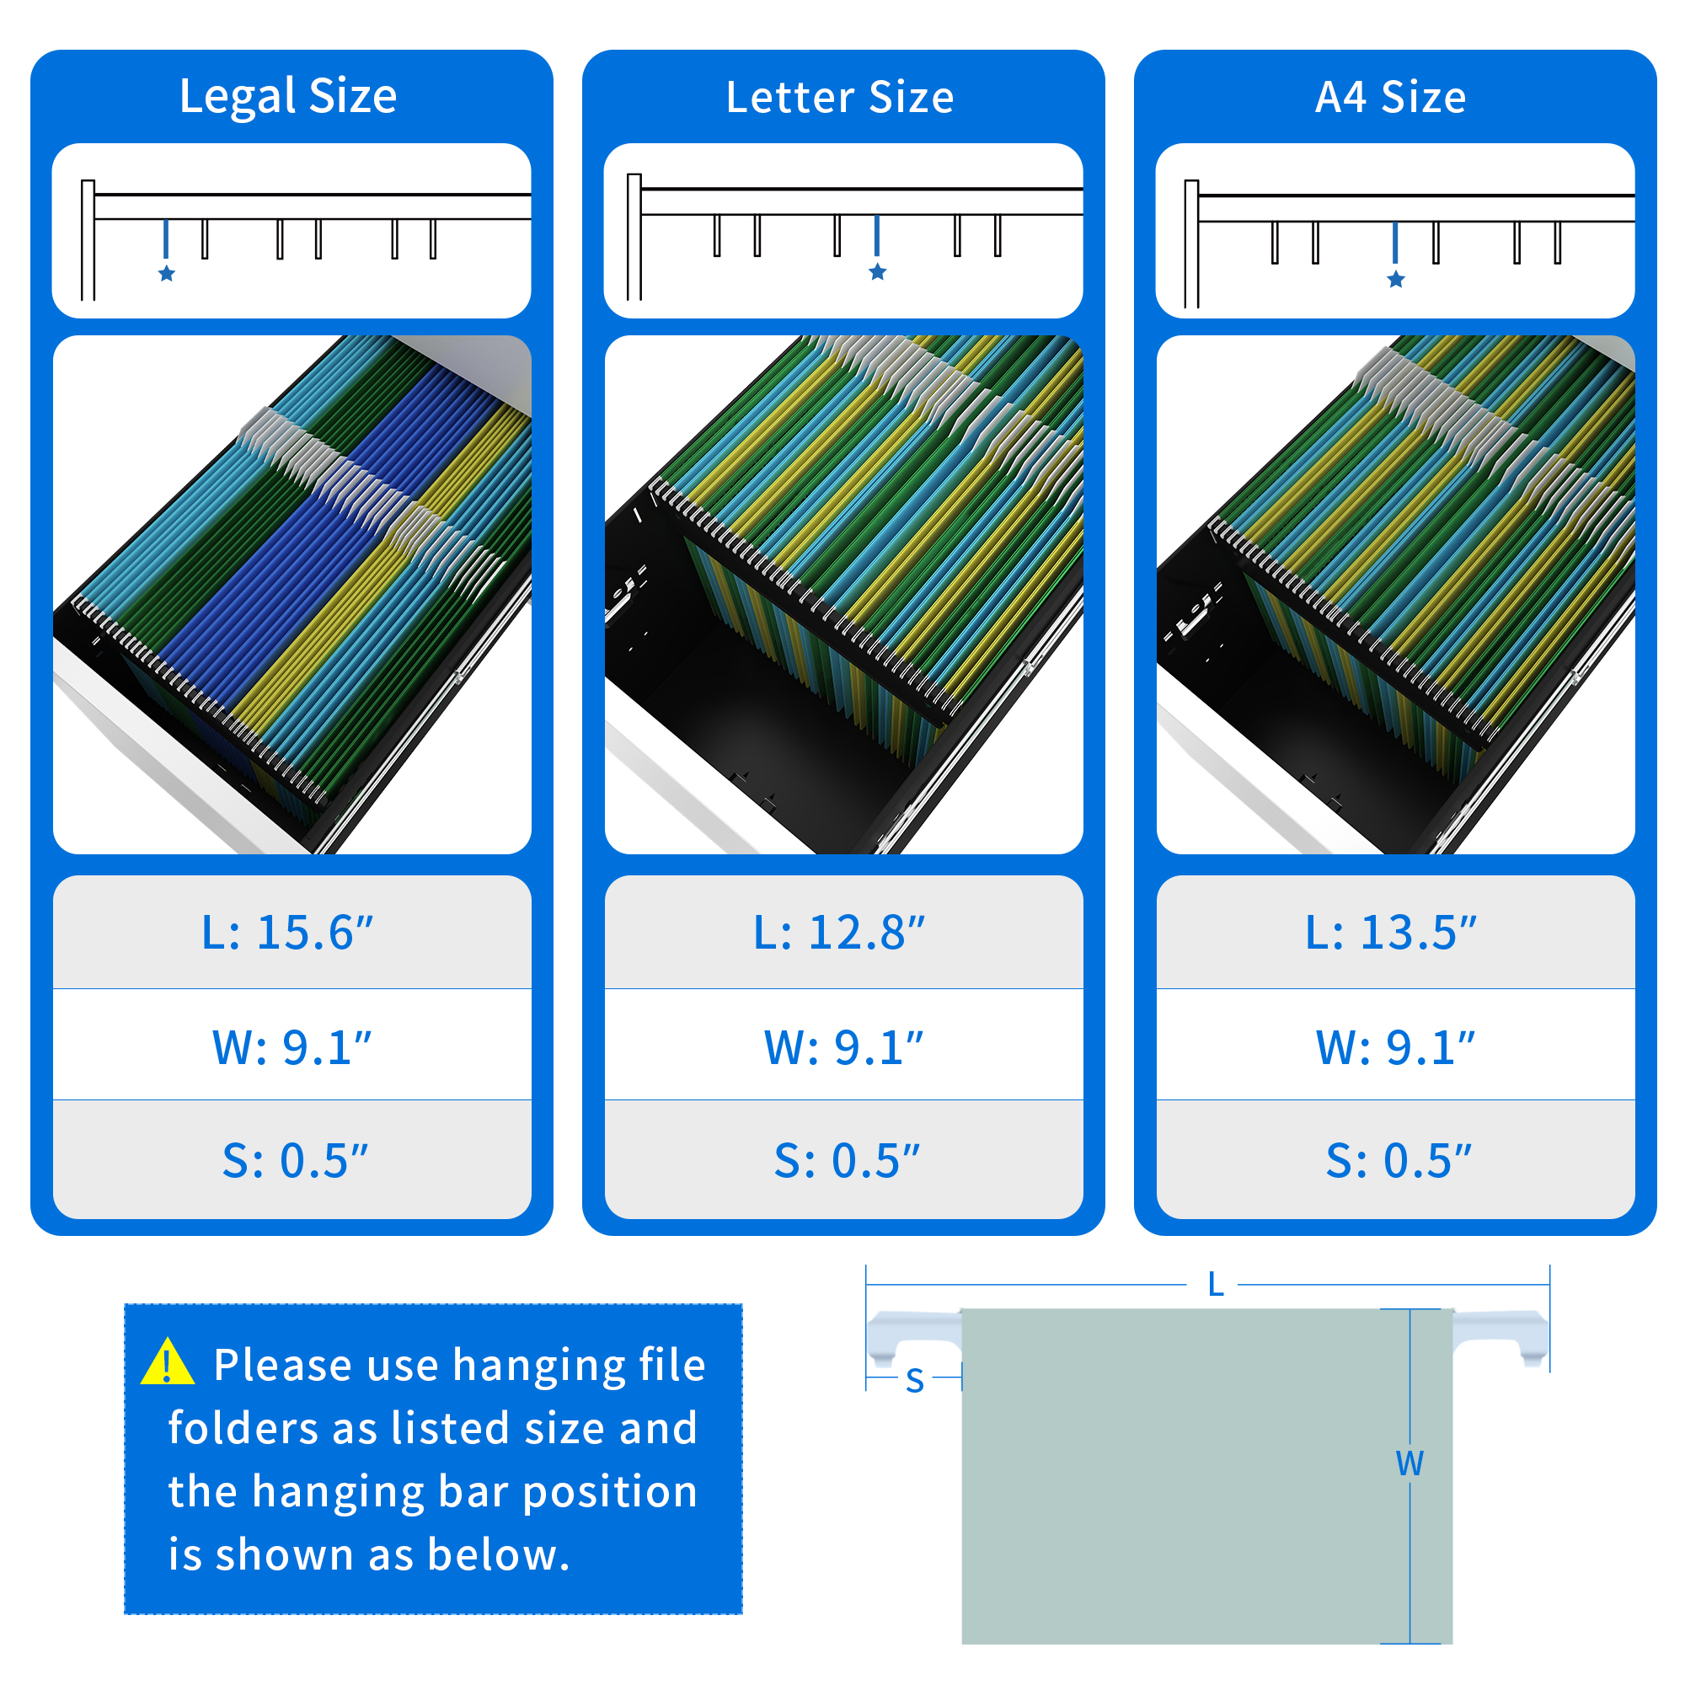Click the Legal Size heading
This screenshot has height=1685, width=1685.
click(x=288, y=96)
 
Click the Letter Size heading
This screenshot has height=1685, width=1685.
click(x=840, y=96)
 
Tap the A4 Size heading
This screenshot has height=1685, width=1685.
click(x=1391, y=96)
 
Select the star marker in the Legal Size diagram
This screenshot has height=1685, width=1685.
click(x=167, y=274)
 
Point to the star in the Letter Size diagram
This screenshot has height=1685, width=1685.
click(x=877, y=272)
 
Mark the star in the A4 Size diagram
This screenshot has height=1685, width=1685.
click(x=1395, y=279)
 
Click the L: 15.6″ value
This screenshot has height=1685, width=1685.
click(x=288, y=933)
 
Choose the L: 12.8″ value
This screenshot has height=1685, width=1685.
click(x=839, y=933)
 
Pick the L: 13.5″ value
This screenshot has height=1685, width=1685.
click(x=1391, y=933)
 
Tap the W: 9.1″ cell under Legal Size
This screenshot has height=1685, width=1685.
click(x=292, y=1046)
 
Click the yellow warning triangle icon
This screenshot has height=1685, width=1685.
click(x=168, y=1363)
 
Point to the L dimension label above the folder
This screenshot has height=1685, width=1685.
click(x=1216, y=1285)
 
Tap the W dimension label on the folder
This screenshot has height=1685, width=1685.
click(x=1410, y=1463)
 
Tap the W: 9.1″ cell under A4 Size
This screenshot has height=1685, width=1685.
click(x=1395, y=1046)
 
